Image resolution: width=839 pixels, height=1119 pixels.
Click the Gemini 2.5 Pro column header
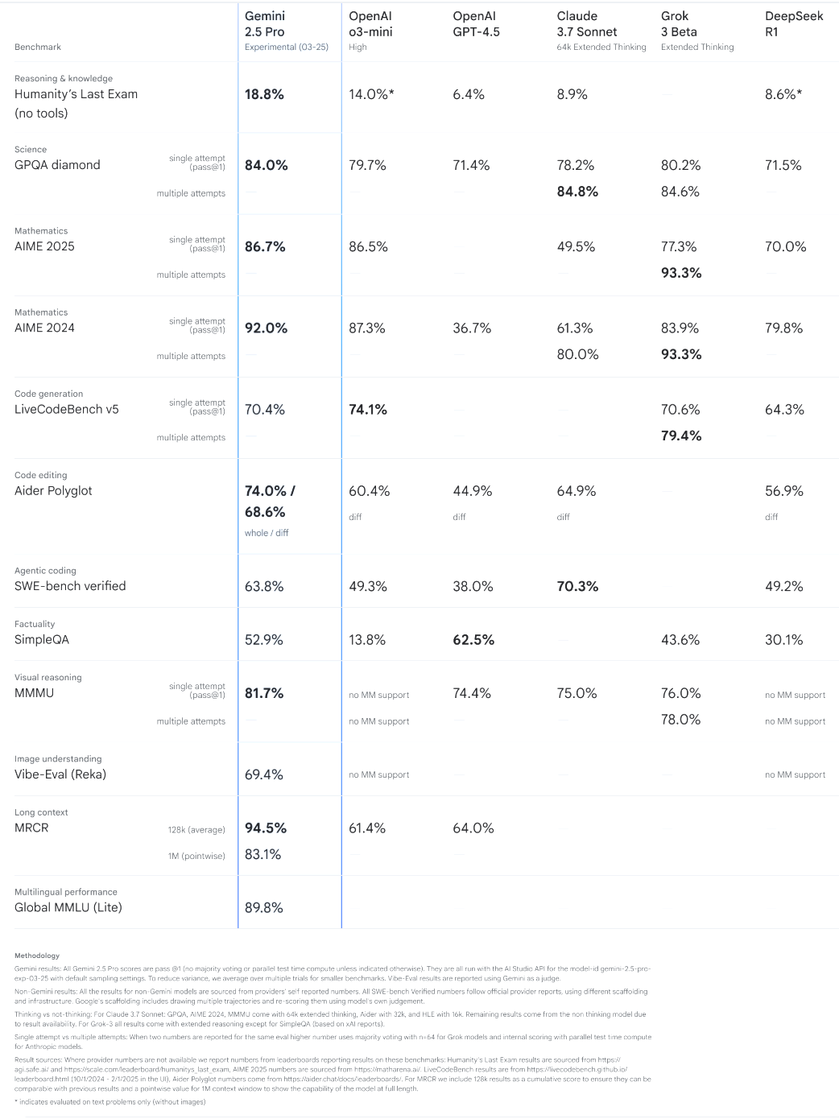click(x=265, y=23)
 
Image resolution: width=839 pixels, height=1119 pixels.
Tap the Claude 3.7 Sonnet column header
click(x=587, y=23)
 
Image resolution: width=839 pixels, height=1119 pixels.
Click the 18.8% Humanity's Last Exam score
click(x=264, y=94)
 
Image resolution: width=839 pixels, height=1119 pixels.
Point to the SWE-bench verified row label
click(x=70, y=586)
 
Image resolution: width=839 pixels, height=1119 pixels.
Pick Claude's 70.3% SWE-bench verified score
click(x=577, y=586)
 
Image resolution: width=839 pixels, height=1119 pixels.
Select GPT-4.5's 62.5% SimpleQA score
click(x=473, y=640)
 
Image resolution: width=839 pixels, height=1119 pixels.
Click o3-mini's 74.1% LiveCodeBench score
click(x=368, y=409)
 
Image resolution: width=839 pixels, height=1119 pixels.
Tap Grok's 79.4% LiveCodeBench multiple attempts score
click(x=681, y=436)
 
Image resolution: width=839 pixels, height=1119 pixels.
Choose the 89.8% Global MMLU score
click(x=264, y=907)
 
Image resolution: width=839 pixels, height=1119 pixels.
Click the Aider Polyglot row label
click(x=53, y=490)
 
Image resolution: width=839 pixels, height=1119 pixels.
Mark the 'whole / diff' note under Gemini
click(x=267, y=533)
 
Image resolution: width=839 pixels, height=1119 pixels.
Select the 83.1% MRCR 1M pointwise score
click(x=263, y=854)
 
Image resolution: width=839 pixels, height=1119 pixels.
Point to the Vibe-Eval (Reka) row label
click(x=60, y=774)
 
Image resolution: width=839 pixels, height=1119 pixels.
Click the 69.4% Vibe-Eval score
click(x=264, y=774)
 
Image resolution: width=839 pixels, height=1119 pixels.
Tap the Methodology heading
click(x=37, y=956)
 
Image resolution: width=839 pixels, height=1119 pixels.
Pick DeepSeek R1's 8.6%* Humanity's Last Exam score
click(x=783, y=94)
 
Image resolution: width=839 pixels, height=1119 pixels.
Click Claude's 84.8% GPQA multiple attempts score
click(x=577, y=192)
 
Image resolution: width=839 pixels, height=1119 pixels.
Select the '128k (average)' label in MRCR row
click(x=196, y=829)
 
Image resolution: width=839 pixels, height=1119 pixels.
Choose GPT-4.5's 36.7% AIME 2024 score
click(x=472, y=328)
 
